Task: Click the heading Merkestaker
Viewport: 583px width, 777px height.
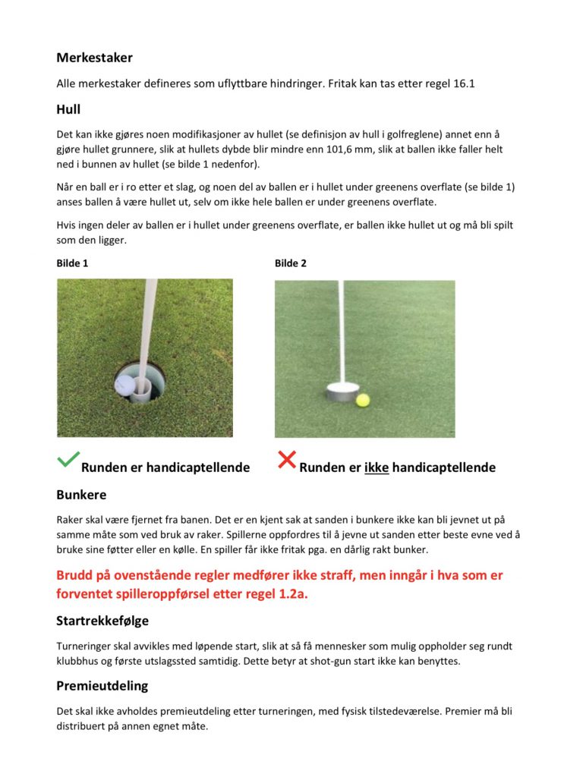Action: point(94,58)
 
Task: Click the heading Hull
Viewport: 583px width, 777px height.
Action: point(68,109)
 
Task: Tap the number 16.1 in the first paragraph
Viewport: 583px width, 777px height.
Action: point(463,83)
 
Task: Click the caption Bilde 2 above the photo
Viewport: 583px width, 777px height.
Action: point(291,263)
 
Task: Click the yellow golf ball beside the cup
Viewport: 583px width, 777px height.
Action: point(363,399)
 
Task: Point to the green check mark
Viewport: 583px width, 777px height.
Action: point(68,458)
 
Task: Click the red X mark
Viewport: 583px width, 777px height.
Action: point(286,459)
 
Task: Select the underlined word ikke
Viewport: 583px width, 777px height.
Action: point(377,467)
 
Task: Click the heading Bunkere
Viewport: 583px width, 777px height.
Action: point(81,495)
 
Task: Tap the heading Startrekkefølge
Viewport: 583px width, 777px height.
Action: point(102,621)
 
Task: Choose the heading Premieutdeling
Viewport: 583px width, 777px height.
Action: point(102,685)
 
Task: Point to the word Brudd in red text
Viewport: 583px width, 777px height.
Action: point(75,575)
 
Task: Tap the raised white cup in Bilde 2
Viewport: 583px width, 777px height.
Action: point(342,393)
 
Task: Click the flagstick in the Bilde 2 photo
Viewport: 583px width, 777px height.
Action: point(342,326)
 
